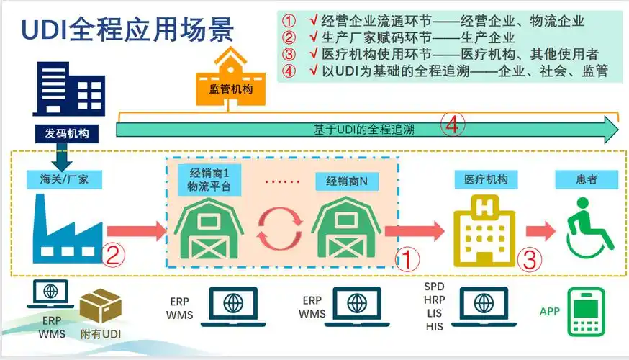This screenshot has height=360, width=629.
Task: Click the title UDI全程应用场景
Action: coord(127,31)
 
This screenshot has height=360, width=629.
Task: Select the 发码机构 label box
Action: coord(65,132)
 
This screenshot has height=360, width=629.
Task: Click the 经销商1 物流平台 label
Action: coord(209,181)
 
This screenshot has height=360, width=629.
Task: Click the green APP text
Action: coord(549,312)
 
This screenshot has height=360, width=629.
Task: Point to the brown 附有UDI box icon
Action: coord(100,307)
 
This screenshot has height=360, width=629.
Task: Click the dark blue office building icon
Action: coord(69,89)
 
